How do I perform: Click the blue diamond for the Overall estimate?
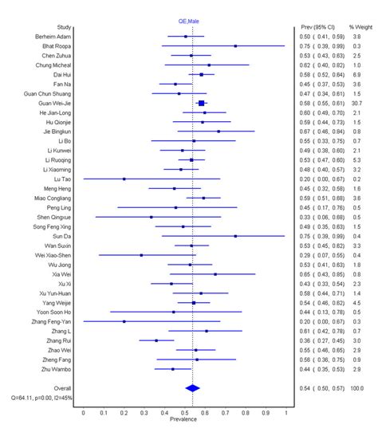[x=191, y=388]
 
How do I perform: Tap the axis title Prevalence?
[x=184, y=420]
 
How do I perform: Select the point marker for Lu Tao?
[x=124, y=179]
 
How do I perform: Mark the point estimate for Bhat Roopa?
[x=235, y=46]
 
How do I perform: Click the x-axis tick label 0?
[x=83, y=413]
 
